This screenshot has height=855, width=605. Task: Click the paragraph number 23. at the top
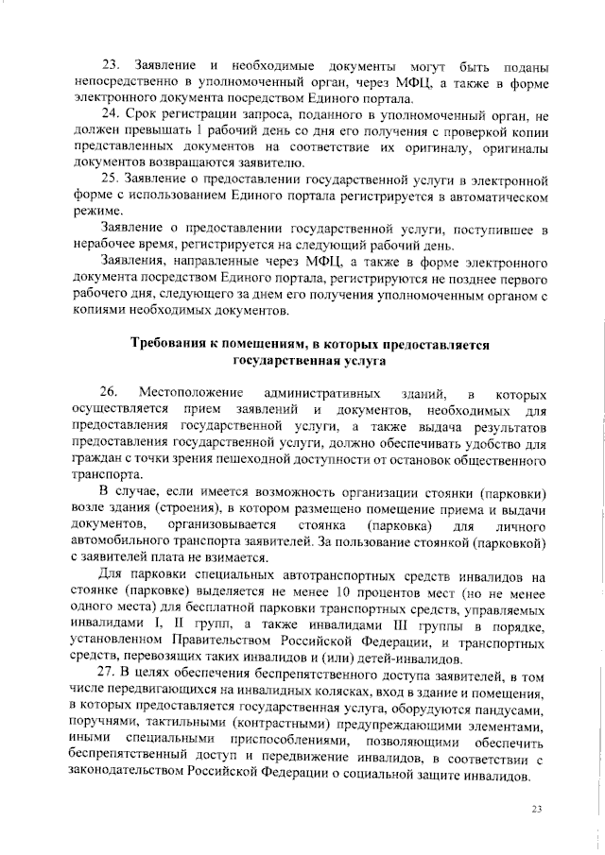[111, 64]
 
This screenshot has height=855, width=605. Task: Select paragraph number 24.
[111, 115]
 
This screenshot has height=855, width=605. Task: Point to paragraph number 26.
[111, 392]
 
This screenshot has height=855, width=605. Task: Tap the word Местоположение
[192, 392]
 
